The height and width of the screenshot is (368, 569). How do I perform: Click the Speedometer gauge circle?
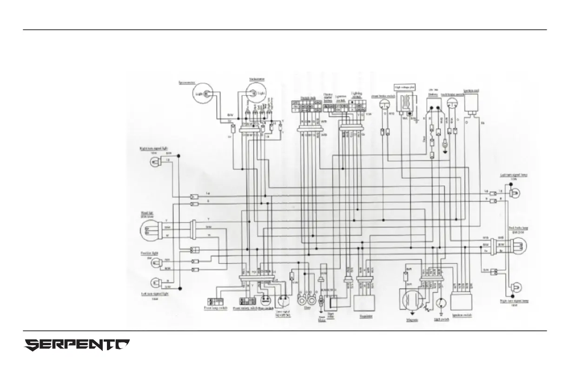[x=202, y=94]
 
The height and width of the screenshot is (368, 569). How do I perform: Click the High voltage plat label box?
[x=405, y=86]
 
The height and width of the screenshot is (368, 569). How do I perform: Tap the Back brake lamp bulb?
[x=518, y=244]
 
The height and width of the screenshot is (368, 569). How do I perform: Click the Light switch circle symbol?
[x=441, y=304]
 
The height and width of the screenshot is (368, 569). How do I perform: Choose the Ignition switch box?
[x=462, y=303]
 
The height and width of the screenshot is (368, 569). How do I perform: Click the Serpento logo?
[x=77, y=345]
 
